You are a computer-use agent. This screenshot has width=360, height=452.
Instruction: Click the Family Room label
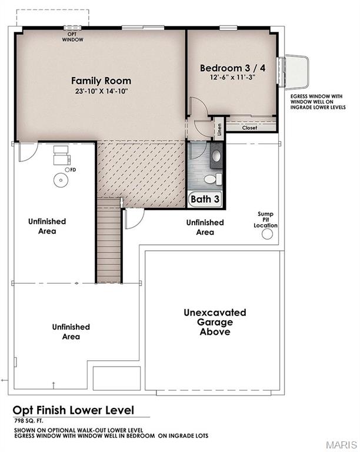point(101,81)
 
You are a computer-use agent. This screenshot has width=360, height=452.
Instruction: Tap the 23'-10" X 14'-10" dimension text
point(101,91)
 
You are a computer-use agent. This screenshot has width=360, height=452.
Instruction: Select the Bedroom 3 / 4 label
point(232,68)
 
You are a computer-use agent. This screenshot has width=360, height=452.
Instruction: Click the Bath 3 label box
point(205,200)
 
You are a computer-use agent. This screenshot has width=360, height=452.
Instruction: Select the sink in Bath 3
point(216,156)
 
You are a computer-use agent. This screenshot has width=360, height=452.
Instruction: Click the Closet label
point(249,127)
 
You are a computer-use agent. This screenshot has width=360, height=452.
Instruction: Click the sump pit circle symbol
point(268,235)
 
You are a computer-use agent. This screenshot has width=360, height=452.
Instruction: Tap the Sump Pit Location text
point(265,220)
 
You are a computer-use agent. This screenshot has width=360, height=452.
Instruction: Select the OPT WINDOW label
point(74,36)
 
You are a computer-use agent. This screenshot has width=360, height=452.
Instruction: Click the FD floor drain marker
point(72,169)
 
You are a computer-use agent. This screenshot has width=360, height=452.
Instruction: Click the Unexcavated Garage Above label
point(215,322)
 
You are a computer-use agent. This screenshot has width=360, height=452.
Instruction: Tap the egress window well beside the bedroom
point(295,72)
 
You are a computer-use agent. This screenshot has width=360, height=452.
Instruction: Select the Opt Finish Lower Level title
point(74,410)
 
